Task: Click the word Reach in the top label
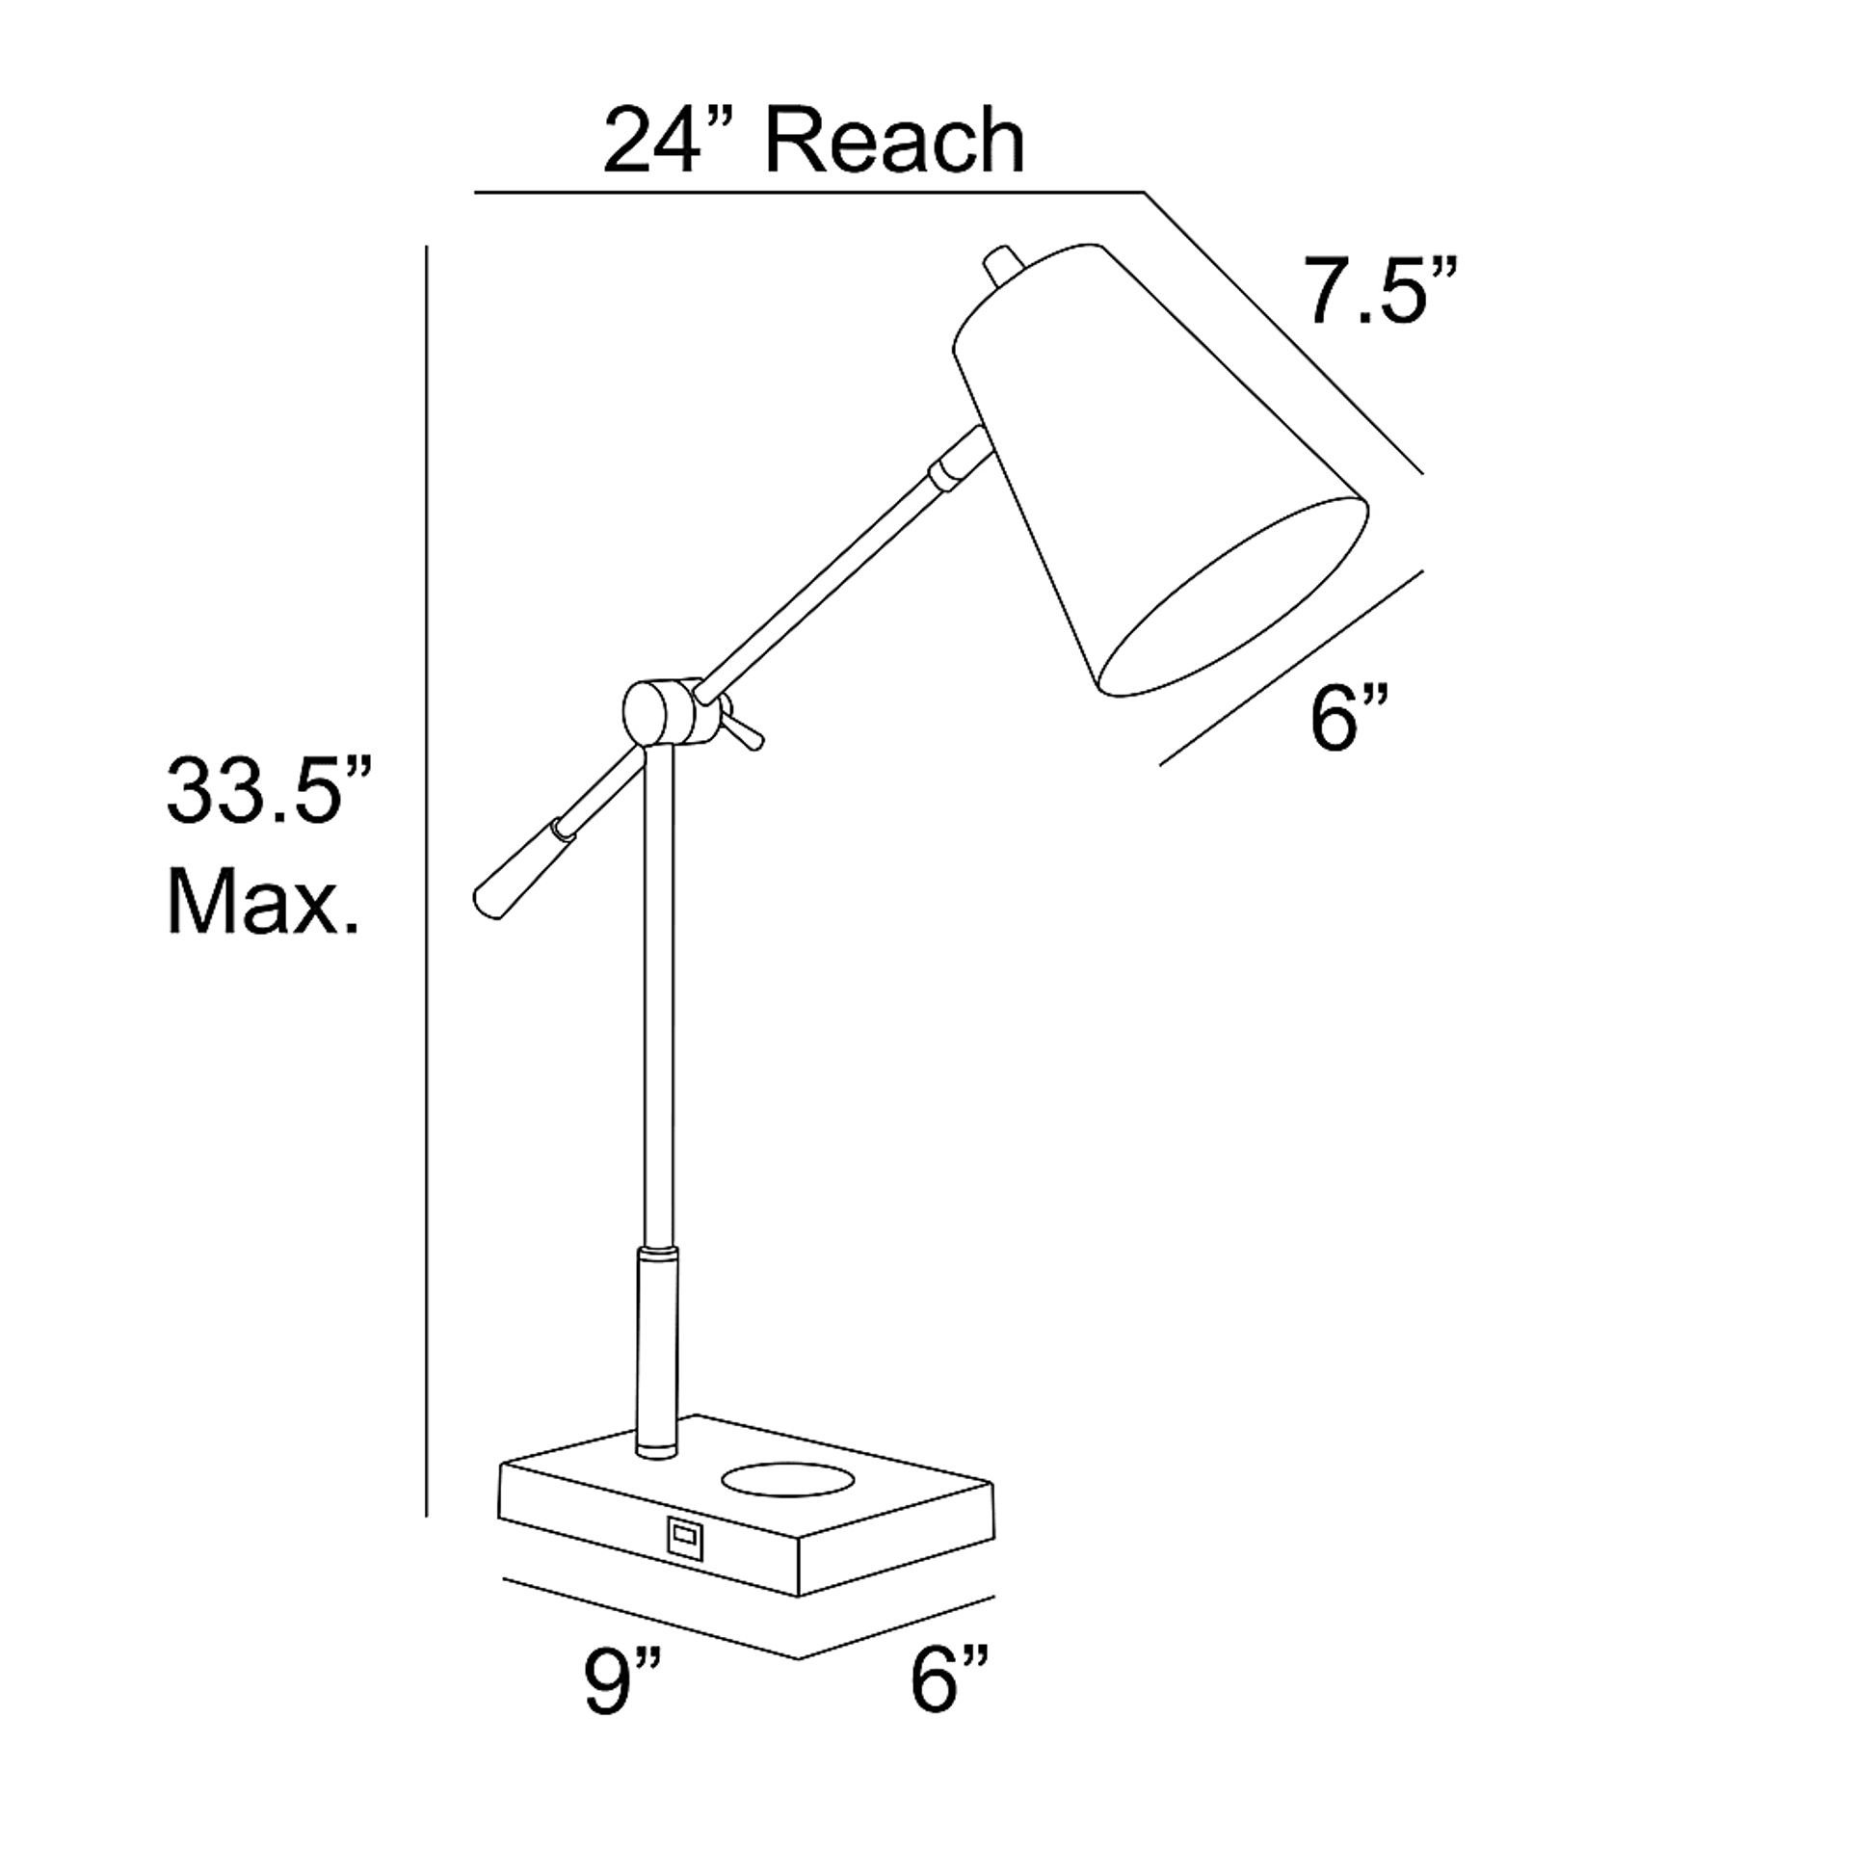pyautogui.click(x=895, y=142)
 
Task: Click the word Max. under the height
pyautogui.click(x=263, y=901)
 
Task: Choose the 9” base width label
pyautogui.click(x=622, y=1708)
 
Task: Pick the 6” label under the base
pyautogui.click(x=949, y=1708)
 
